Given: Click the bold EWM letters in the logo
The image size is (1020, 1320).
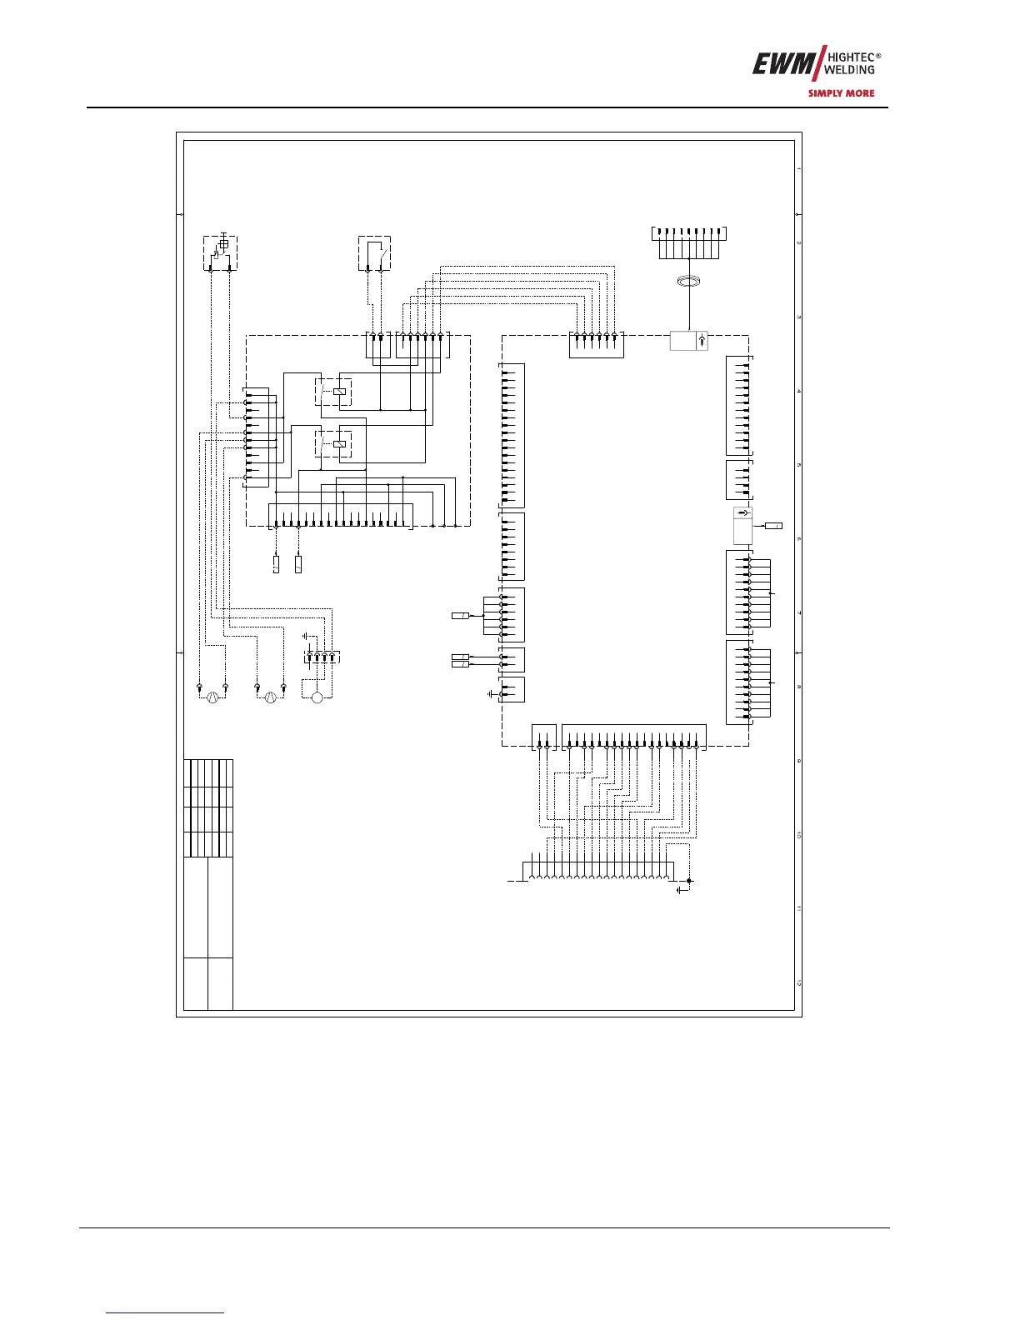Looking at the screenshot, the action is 778,64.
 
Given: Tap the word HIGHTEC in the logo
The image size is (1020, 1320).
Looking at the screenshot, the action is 849,58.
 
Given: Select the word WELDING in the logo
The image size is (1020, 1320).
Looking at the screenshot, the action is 849,70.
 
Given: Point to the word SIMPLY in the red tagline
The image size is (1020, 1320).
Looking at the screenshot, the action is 825,93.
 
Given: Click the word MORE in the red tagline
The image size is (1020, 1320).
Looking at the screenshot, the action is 860,93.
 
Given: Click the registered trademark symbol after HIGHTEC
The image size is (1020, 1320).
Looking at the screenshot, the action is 878,56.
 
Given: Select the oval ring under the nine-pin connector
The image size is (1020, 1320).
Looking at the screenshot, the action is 688,283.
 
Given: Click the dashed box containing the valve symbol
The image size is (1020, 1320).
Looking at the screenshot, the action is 220,253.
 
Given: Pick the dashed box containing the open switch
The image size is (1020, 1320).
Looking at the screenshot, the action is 374,253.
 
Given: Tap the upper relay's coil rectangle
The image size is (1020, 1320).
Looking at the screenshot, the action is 339,391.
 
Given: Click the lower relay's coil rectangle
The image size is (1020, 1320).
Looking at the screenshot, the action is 339,443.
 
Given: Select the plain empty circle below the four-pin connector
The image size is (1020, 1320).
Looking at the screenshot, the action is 317,697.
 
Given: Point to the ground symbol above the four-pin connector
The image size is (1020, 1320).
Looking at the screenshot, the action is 307,635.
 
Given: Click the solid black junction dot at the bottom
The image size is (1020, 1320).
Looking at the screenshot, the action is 689,880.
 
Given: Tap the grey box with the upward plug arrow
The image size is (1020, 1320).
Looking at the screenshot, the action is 689,341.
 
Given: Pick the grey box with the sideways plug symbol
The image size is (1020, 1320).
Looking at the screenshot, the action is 742,525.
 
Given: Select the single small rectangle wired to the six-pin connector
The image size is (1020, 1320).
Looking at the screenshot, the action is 461,615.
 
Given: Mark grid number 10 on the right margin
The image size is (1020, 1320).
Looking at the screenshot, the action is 798,835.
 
